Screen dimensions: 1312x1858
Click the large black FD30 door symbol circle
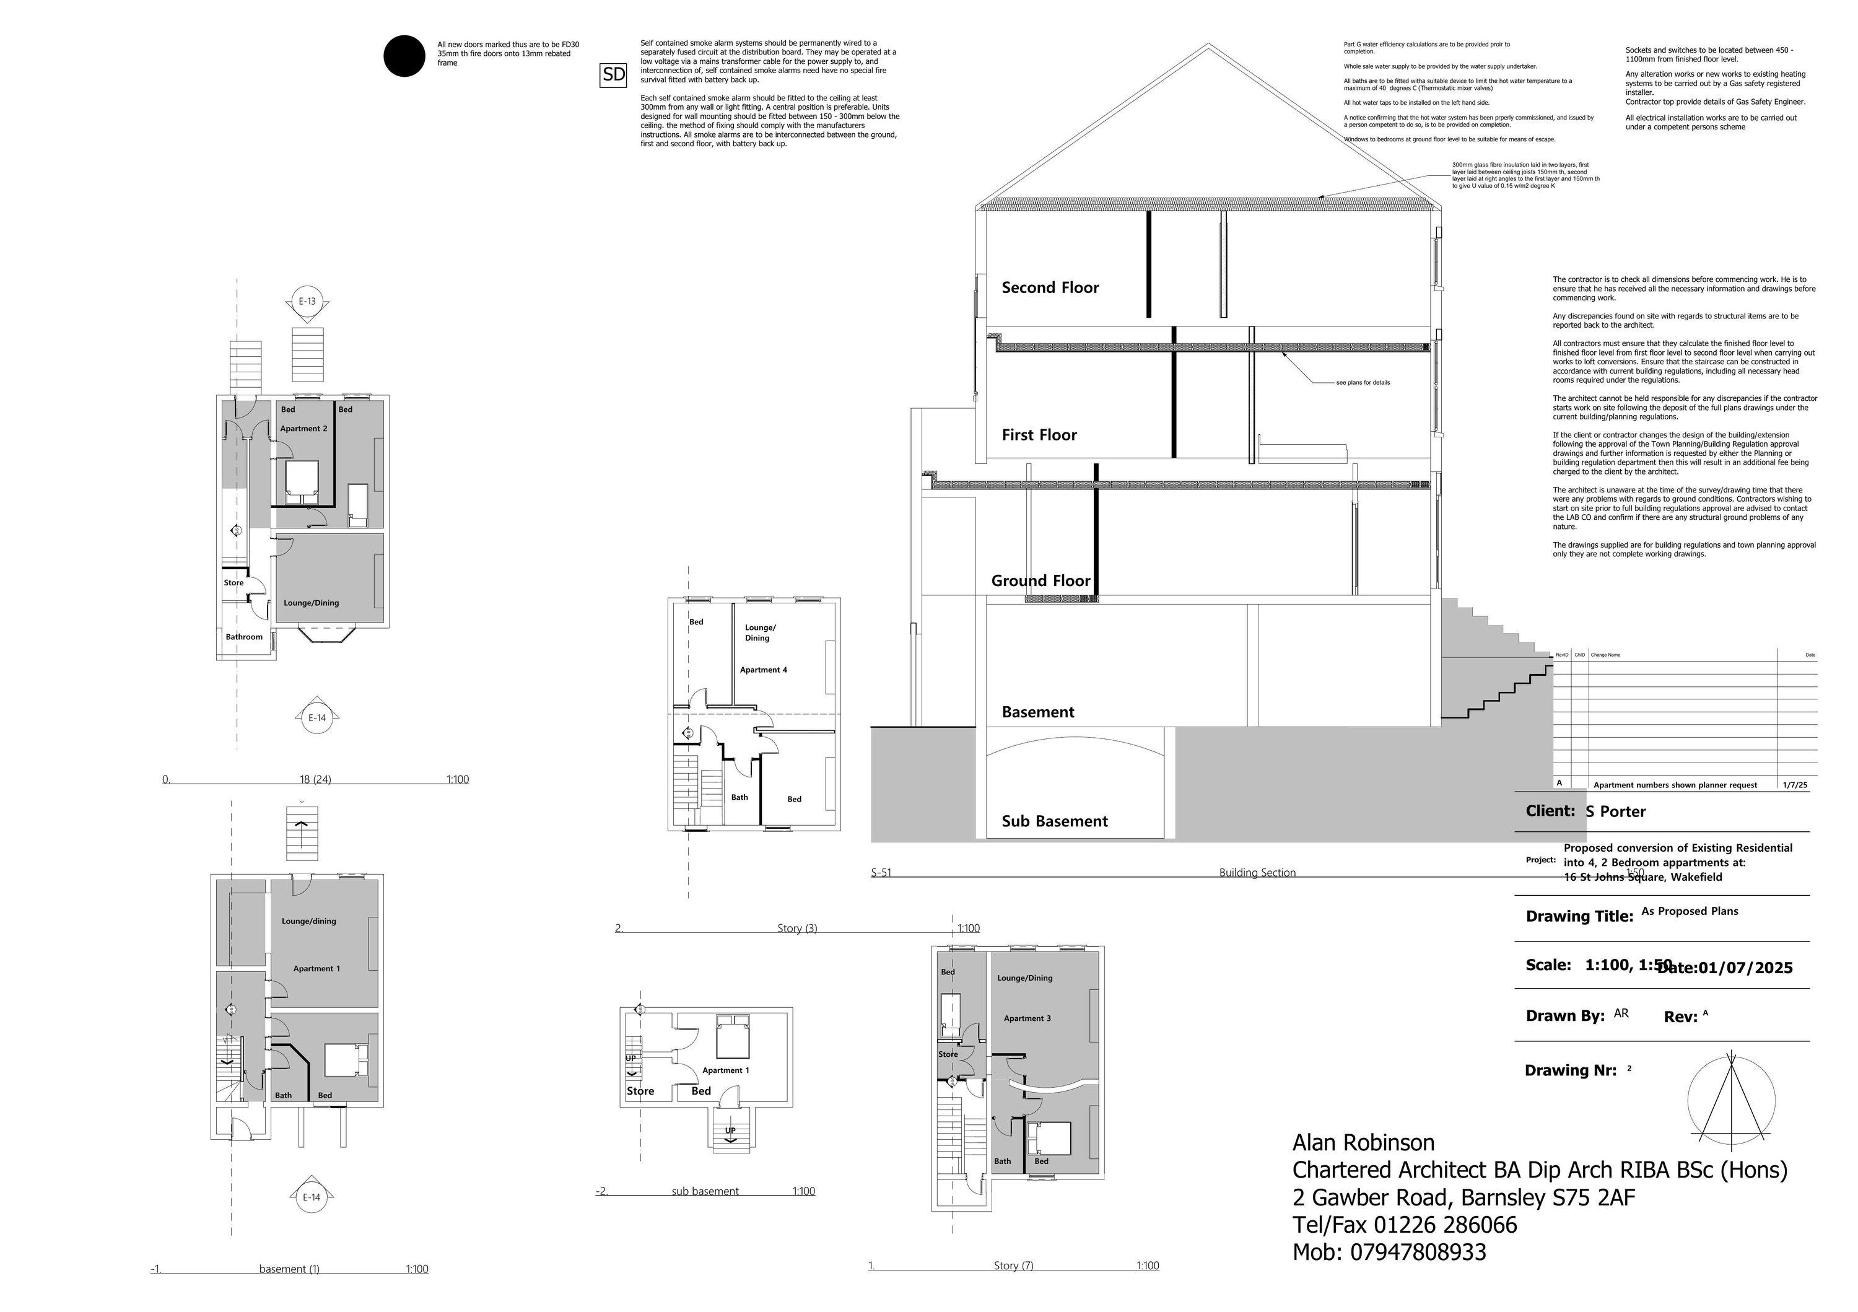[x=404, y=56]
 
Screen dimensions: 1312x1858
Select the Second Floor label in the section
[x=1050, y=287]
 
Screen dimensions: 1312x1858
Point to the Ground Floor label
[x=1040, y=580]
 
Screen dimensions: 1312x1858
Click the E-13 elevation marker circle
[x=307, y=301]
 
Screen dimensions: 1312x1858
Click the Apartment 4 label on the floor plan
[x=762, y=670]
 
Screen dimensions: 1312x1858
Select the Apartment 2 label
[x=303, y=428]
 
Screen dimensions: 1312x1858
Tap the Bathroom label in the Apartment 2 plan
[x=243, y=636]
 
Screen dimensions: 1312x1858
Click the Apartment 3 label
[x=1026, y=1018]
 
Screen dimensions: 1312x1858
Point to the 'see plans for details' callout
[x=1363, y=382]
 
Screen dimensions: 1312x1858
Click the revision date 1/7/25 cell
[x=1795, y=784]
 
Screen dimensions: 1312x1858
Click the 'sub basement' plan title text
[x=705, y=1191]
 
